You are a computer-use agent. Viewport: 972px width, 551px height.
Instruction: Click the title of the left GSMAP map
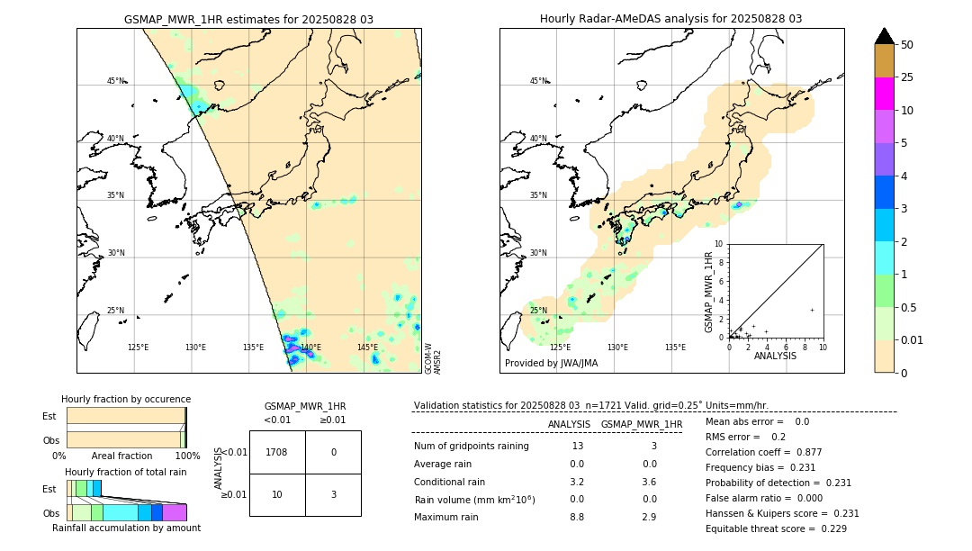(248, 19)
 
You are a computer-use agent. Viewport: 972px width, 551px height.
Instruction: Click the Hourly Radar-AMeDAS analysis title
(670, 19)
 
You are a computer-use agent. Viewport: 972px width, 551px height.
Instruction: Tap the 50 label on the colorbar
(907, 45)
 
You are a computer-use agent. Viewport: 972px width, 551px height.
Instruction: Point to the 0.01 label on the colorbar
(913, 339)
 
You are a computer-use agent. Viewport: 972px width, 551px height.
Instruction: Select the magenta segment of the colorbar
(885, 94)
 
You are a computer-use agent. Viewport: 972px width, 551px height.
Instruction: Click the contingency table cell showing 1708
(276, 452)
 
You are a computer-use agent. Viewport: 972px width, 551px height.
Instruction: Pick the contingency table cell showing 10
(276, 494)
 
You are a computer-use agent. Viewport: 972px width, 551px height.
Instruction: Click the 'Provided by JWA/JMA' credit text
(551, 364)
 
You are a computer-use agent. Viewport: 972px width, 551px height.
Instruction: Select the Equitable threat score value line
(776, 528)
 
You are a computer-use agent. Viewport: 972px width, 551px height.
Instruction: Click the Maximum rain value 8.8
(577, 517)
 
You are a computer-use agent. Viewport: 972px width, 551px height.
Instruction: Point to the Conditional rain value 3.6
(649, 482)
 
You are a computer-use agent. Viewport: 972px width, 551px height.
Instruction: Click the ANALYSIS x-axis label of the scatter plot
(775, 356)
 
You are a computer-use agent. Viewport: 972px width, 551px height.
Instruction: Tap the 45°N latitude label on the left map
(115, 81)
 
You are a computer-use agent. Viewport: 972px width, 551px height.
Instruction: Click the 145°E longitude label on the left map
(367, 348)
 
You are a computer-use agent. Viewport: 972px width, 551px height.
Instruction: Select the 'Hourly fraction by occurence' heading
(126, 399)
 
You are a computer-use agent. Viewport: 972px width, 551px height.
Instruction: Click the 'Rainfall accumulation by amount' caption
(126, 528)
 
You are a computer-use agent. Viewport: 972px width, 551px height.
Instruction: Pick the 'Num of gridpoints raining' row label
(471, 447)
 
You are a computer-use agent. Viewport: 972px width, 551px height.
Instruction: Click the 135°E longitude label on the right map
(675, 348)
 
